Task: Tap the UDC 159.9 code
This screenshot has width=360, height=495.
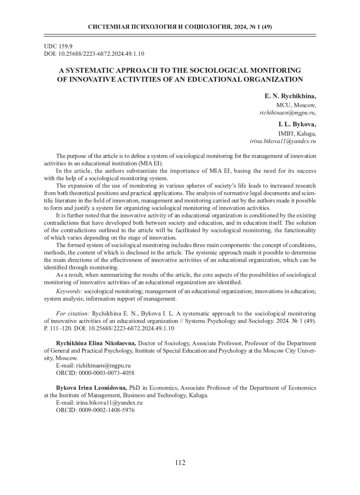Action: coord(58,46)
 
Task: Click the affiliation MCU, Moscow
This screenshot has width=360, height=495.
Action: coord(296,105)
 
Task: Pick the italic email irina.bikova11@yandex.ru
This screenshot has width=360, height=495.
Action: coord(283,141)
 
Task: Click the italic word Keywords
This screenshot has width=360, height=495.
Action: coord(69,291)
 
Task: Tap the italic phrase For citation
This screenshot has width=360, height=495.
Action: coord(73,313)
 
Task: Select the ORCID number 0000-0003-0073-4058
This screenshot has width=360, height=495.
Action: coord(106,373)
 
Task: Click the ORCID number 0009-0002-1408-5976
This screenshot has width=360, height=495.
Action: coord(106,410)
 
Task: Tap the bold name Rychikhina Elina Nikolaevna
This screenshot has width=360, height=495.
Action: coord(96,343)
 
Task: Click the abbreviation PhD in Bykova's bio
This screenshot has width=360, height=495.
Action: coord(134,388)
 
